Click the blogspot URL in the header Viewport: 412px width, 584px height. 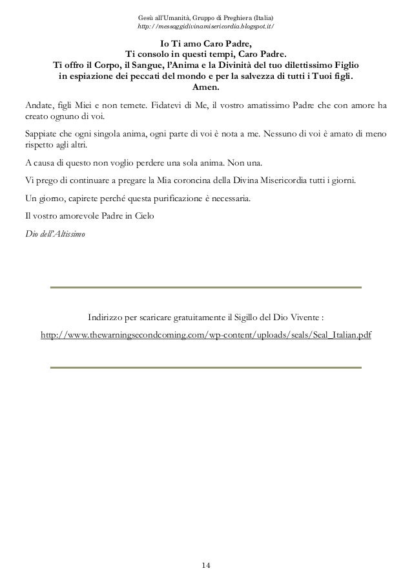[206, 26]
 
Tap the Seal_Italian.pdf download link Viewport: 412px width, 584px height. [206, 337]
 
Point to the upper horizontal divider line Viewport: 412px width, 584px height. [206, 287]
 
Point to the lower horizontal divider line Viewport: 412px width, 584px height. [206, 369]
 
